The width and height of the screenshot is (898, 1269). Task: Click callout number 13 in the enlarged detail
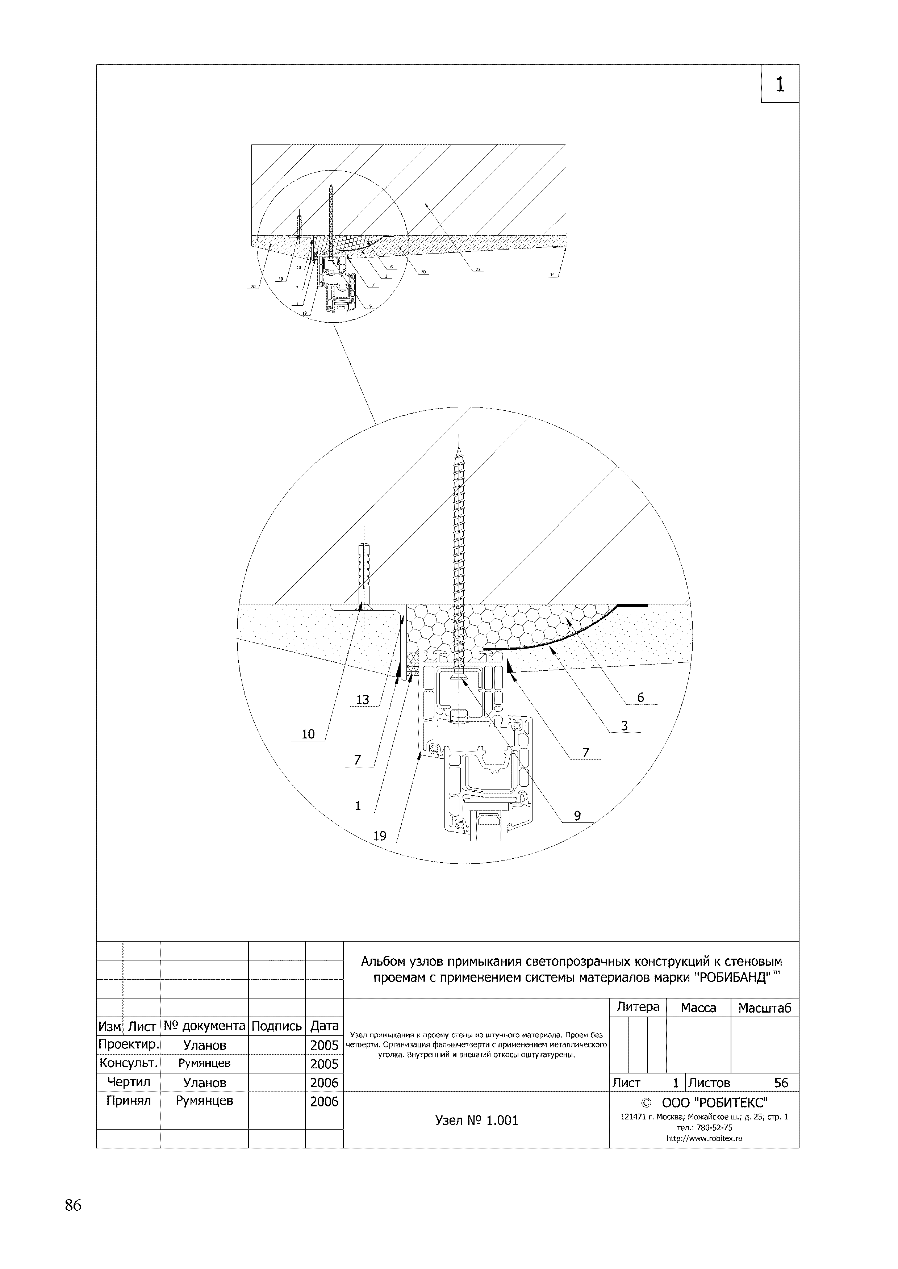click(363, 700)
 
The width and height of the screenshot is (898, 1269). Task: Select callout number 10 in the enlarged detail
click(308, 734)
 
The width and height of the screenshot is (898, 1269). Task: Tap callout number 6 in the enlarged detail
click(640, 698)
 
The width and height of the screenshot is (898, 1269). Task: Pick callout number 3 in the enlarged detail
click(624, 726)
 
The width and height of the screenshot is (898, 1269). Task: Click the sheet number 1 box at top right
click(780, 84)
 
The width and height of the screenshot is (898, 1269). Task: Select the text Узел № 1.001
click(477, 1120)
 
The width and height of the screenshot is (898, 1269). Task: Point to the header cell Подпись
click(276, 1026)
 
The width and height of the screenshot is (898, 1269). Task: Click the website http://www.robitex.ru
click(704, 1139)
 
